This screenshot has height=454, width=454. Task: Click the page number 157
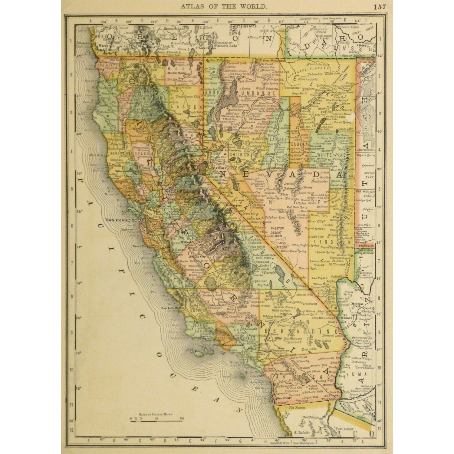click(x=380, y=7)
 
